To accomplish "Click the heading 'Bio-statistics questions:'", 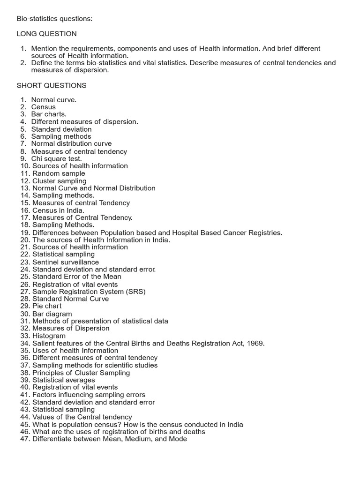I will [x=54, y=19].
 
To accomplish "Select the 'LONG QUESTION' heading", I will [x=47, y=34].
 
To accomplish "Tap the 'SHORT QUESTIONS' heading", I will [x=52, y=85].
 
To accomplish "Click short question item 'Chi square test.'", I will [x=56, y=158].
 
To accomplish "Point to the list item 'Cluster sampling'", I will [x=59, y=181].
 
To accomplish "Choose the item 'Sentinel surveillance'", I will [x=66, y=262].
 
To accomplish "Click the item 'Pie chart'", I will [x=47, y=306].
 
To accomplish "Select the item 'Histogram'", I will [x=49, y=336].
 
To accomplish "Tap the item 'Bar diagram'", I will [x=52, y=314].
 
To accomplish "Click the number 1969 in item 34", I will [x=256, y=343].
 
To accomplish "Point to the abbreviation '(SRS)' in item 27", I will [x=135, y=292].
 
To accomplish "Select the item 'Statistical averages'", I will [x=63, y=380].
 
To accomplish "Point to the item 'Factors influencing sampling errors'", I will [x=89, y=395].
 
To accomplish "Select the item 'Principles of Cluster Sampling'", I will [x=81, y=373].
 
